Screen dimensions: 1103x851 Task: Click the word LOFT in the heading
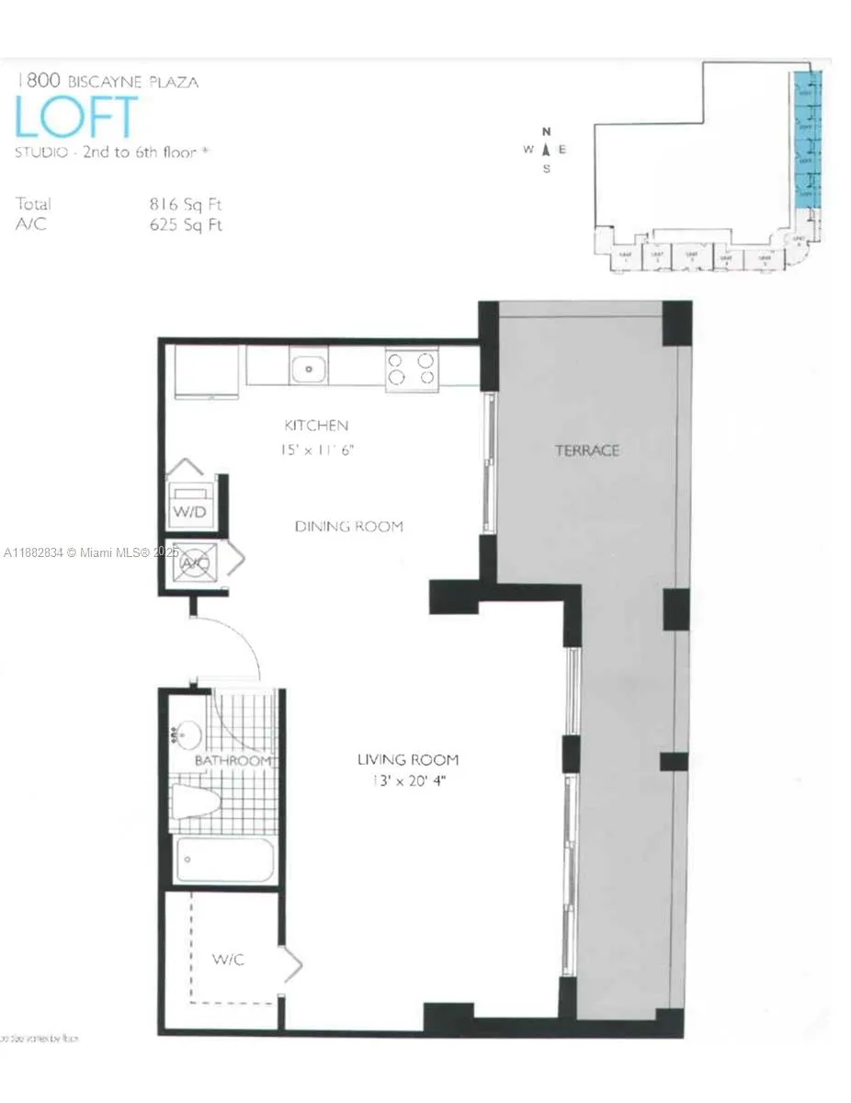(76, 118)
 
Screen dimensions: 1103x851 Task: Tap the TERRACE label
(587, 450)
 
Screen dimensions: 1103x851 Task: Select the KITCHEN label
(316, 426)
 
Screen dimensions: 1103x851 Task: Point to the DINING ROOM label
(348, 527)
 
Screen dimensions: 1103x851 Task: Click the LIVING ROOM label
(408, 760)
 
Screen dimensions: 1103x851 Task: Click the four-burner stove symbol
(412, 369)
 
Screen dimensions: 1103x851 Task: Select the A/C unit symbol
(196, 563)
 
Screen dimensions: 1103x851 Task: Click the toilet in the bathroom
(196, 802)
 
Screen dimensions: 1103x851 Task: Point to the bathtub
(223, 860)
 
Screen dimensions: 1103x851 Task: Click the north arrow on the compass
(546, 148)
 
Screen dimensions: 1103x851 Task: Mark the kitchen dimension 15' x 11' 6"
(318, 450)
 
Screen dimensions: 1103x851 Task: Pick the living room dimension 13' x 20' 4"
(408, 781)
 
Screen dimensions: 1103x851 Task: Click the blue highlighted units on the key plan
(806, 138)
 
